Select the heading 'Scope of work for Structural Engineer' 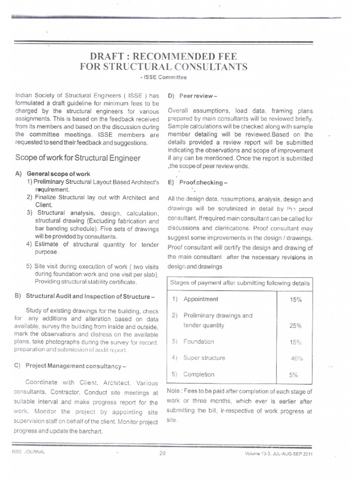(78, 158)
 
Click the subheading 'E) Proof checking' (191, 183)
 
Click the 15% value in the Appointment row (296, 300)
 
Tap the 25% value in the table (296, 325)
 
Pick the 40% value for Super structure (297, 358)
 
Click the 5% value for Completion (294, 375)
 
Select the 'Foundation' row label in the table (198, 342)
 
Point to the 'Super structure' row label (204, 358)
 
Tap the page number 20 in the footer (163, 453)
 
